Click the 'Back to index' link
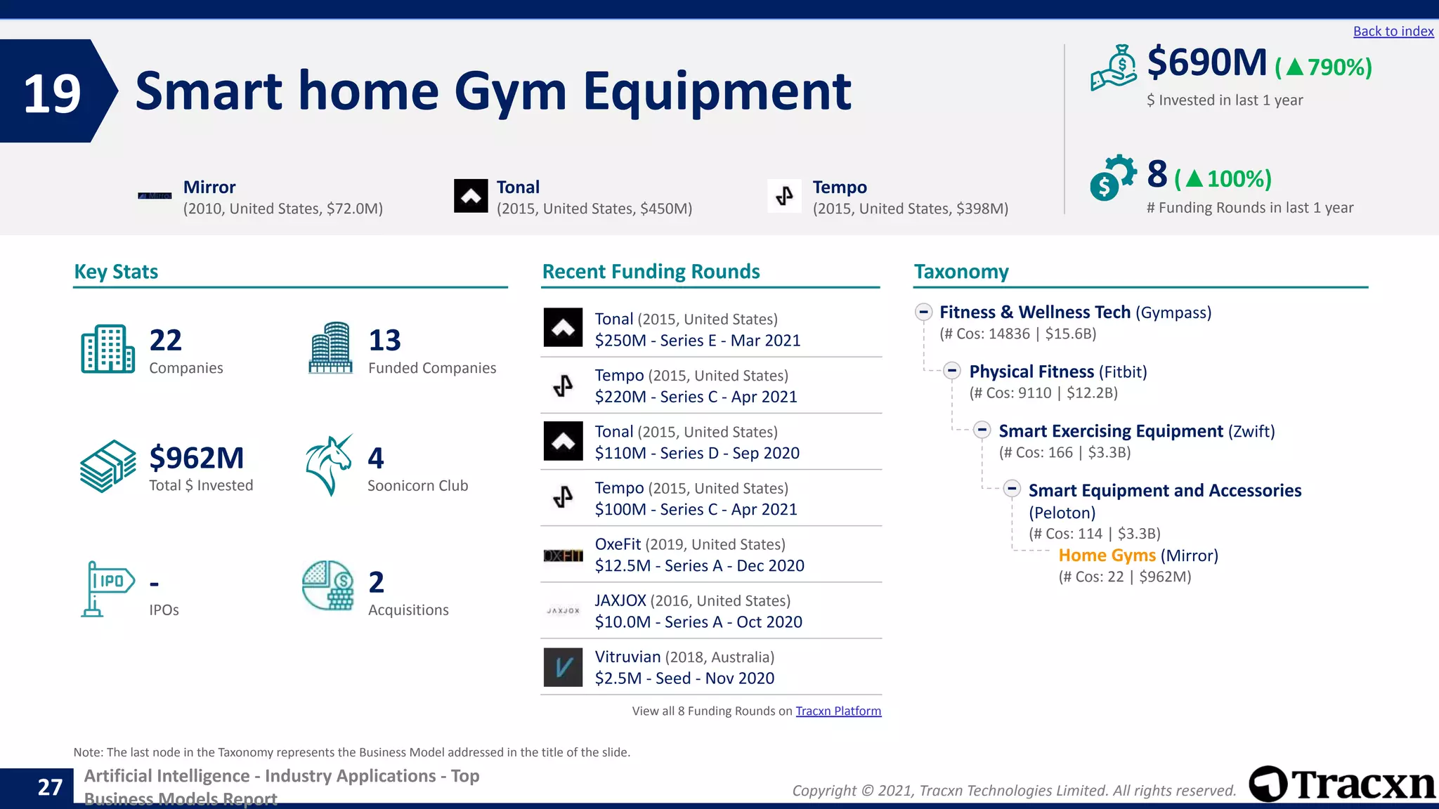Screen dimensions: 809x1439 1393,32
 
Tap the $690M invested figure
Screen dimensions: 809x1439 1206,63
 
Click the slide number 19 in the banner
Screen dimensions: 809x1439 52,93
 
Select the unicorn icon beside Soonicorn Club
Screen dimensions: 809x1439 329,465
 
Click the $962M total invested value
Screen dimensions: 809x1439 196,458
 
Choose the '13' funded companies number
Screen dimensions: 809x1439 384,341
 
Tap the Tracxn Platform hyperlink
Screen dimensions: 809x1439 838,711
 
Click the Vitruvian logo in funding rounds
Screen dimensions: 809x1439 563,667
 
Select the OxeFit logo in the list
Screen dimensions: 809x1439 563,555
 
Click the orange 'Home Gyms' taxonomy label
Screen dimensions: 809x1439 1107,555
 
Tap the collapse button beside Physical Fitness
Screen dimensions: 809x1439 952,371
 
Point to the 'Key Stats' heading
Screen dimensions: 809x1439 116,272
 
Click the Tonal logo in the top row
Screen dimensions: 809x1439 471,196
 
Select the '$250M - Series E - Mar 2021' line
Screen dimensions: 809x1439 697,341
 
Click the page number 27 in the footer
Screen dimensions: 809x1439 50,787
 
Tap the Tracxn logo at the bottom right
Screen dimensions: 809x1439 1341,784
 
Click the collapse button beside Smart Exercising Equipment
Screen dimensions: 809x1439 982,430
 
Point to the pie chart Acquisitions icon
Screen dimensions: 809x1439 327,586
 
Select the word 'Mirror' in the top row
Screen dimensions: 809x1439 209,188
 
